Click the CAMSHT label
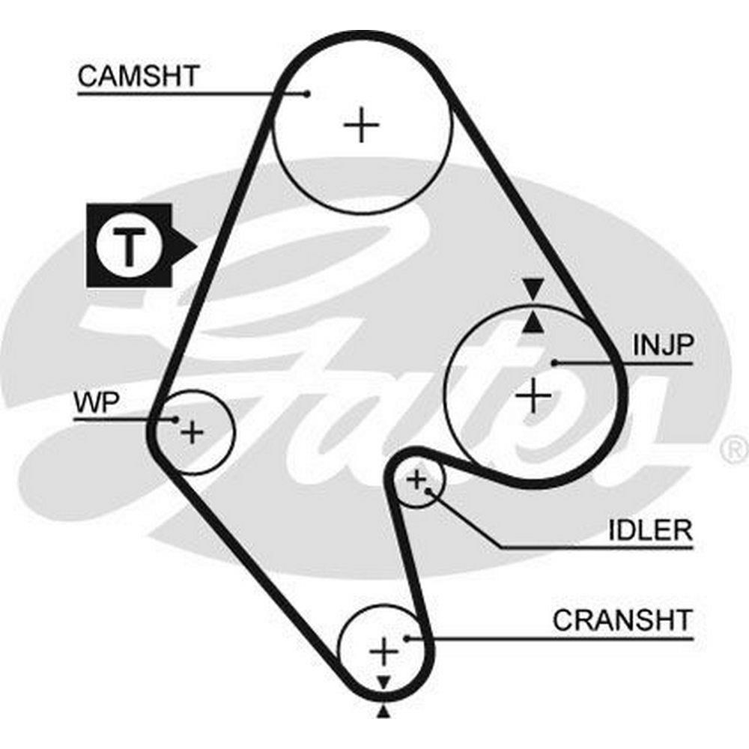pyautogui.click(x=139, y=76)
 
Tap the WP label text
pyautogui.click(x=96, y=402)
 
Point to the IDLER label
pyautogui.click(x=649, y=530)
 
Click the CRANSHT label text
pyautogui.click(x=622, y=620)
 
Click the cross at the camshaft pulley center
pyautogui.click(x=363, y=125)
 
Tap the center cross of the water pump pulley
pyautogui.click(x=193, y=432)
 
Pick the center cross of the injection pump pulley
pyautogui.click(x=533, y=395)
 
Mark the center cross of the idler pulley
pyautogui.click(x=416, y=479)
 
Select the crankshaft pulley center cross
pyautogui.click(x=383, y=652)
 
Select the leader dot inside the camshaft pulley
pyautogui.click(x=307, y=94)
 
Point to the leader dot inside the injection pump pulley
pyautogui.click(x=554, y=363)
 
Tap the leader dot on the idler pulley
pyautogui.click(x=428, y=491)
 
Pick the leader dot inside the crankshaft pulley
pyautogui.click(x=407, y=638)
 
